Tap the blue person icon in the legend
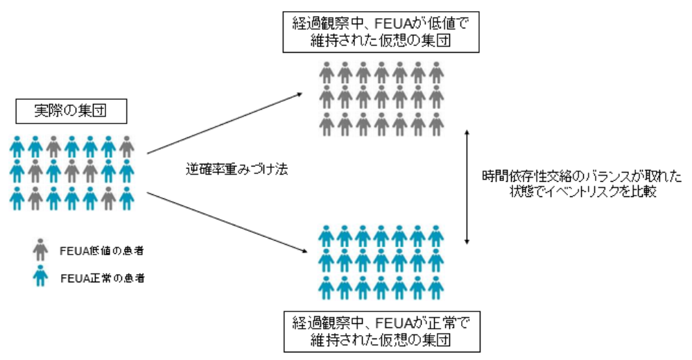40,277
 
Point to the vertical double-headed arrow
469,186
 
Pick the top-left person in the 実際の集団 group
17,146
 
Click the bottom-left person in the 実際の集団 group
17,198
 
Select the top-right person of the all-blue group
435,235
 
